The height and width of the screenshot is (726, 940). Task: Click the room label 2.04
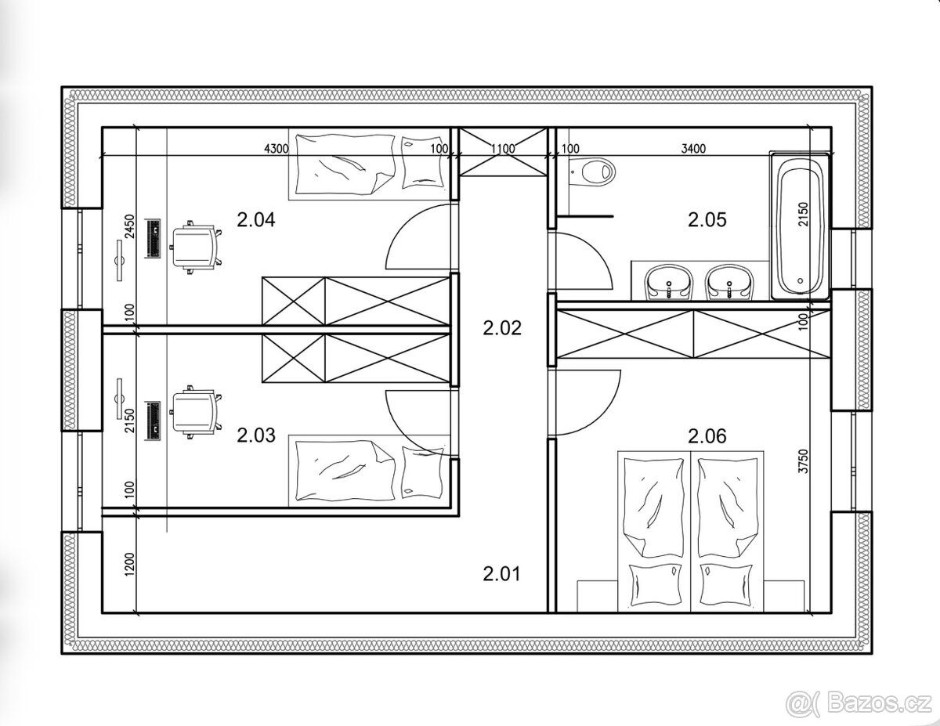point(256,220)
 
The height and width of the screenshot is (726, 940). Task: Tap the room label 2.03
point(256,435)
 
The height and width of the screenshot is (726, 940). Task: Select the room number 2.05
point(707,220)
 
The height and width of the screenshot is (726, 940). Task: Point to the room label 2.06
point(707,436)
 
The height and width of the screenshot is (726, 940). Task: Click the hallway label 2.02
point(502,328)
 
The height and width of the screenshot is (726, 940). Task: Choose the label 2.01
point(502,574)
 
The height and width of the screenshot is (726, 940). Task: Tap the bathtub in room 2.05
point(800,226)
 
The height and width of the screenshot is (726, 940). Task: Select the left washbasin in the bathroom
point(669,283)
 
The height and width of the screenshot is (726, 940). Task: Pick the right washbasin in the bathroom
point(730,283)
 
